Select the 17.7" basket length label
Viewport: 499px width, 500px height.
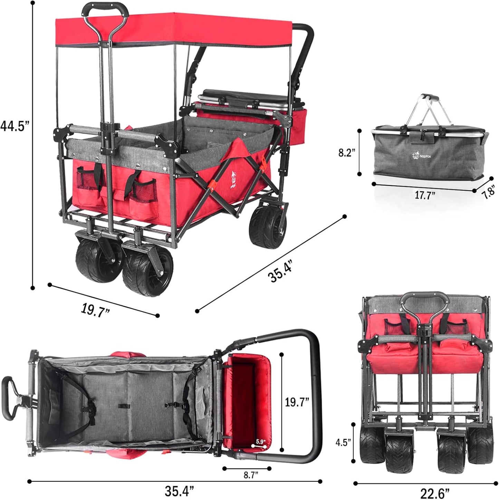pos(425,195)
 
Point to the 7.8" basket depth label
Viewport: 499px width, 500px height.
pos(489,192)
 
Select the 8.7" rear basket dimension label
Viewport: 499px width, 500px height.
pos(251,475)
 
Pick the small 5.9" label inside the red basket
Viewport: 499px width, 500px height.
pos(260,441)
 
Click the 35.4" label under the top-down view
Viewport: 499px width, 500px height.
pos(179,491)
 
